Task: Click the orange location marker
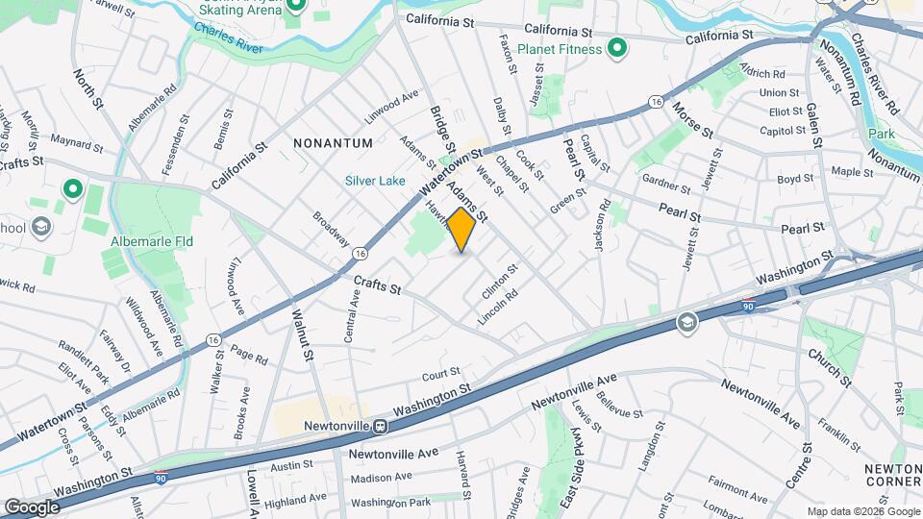(461, 231)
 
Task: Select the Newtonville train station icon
(382, 426)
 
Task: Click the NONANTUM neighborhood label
(334, 143)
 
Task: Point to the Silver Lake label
(375, 181)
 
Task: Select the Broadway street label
(331, 230)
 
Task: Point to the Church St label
(830, 366)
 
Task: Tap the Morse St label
(692, 118)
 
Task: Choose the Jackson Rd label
(602, 225)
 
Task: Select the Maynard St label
(77, 146)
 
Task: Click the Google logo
(31, 507)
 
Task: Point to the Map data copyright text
(863, 511)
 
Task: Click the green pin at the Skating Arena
(297, 8)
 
